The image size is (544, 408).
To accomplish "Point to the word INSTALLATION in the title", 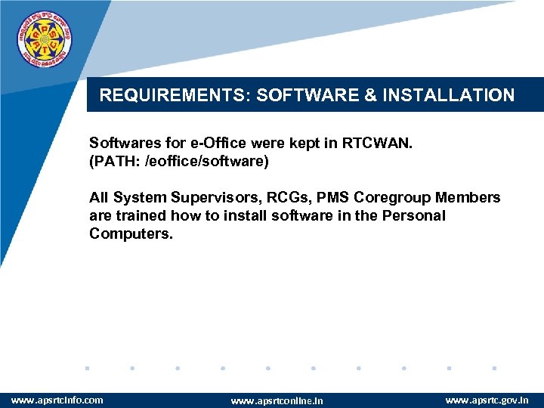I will (x=449, y=95).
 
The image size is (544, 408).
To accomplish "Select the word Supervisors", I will (x=209, y=198).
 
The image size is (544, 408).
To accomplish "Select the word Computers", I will (x=131, y=234).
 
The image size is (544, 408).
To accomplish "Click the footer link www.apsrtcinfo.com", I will (x=57, y=400).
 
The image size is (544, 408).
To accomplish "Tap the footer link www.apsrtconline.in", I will (x=277, y=400).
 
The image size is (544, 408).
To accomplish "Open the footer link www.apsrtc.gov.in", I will (x=487, y=400).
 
